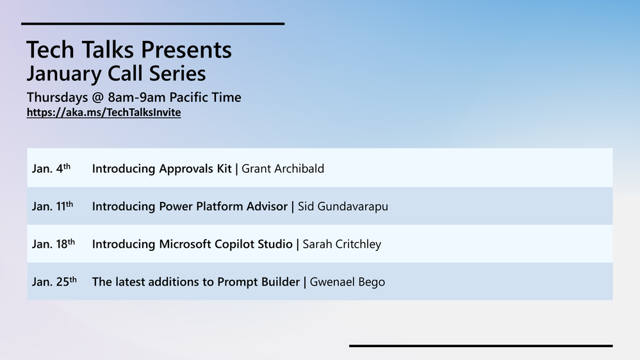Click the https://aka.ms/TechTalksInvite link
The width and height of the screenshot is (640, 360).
104,112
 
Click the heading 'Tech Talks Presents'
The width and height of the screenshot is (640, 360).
129,50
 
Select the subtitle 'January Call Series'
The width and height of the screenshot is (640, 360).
117,74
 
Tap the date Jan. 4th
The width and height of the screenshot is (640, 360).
51,168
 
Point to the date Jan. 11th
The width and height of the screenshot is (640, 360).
53,206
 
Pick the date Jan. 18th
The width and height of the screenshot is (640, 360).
53,243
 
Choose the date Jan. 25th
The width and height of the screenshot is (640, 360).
54,281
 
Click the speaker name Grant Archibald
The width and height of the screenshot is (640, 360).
283,168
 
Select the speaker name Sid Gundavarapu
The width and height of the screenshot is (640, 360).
343,206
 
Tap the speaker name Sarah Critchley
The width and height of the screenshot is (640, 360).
341,244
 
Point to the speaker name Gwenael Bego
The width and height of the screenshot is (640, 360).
347,282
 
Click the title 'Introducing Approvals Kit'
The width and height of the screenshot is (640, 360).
161,168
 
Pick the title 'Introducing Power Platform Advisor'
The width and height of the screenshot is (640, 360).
190,206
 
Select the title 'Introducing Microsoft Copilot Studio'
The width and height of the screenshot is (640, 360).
192,244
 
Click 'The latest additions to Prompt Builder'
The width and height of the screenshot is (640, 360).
196,282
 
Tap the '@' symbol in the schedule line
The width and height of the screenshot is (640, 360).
98,97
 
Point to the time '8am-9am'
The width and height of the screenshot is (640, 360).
136,97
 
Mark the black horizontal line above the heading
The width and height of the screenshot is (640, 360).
152,24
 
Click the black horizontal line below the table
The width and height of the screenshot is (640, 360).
481,346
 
